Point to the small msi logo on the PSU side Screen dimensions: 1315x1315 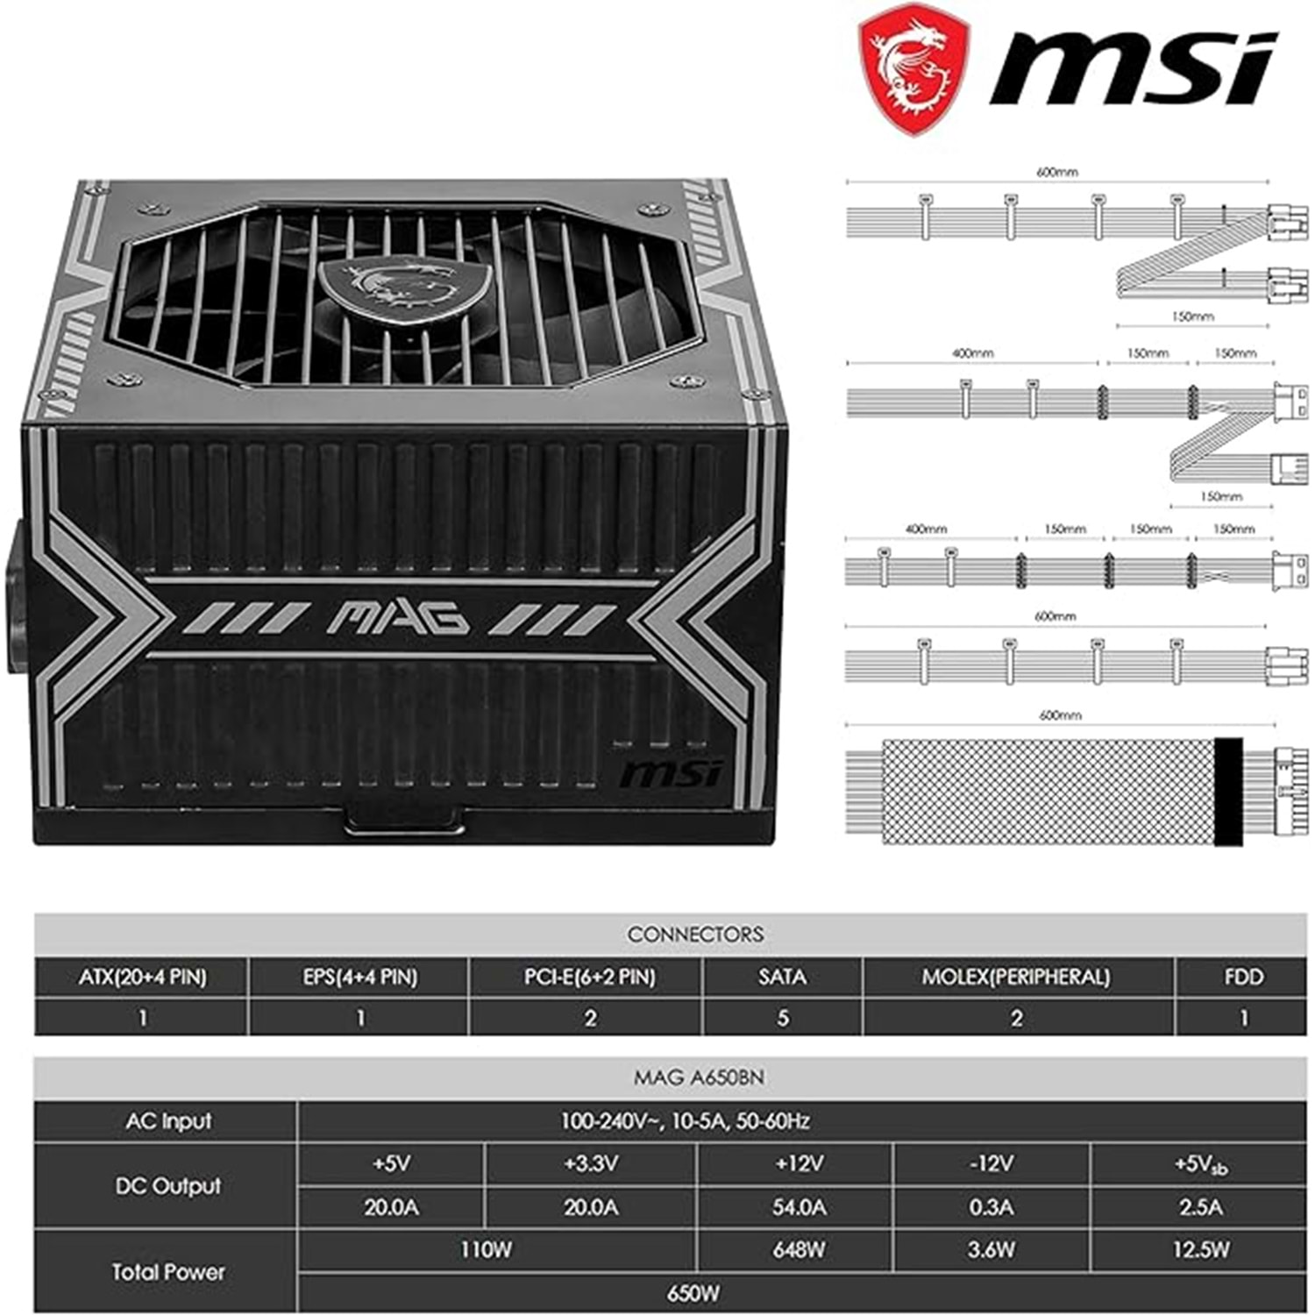(671, 774)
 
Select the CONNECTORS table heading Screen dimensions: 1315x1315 (695, 935)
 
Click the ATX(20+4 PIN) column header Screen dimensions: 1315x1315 (142, 977)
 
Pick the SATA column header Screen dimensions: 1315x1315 (782, 977)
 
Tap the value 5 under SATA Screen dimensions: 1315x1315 (783, 1018)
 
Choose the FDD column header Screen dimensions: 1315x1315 (1243, 977)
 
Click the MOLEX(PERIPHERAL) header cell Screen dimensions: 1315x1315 (1016, 977)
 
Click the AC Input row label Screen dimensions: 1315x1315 (168, 1121)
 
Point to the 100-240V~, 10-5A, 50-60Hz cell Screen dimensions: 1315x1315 (686, 1121)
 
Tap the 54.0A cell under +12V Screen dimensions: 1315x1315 (798, 1207)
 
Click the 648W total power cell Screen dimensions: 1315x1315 (798, 1250)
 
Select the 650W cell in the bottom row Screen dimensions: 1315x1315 (693, 1293)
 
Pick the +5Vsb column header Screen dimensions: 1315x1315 (1200, 1165)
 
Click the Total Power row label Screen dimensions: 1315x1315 (168, 1272)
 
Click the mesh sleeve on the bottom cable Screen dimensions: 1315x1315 (1048, 793)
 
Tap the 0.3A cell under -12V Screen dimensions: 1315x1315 (991, 1207)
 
